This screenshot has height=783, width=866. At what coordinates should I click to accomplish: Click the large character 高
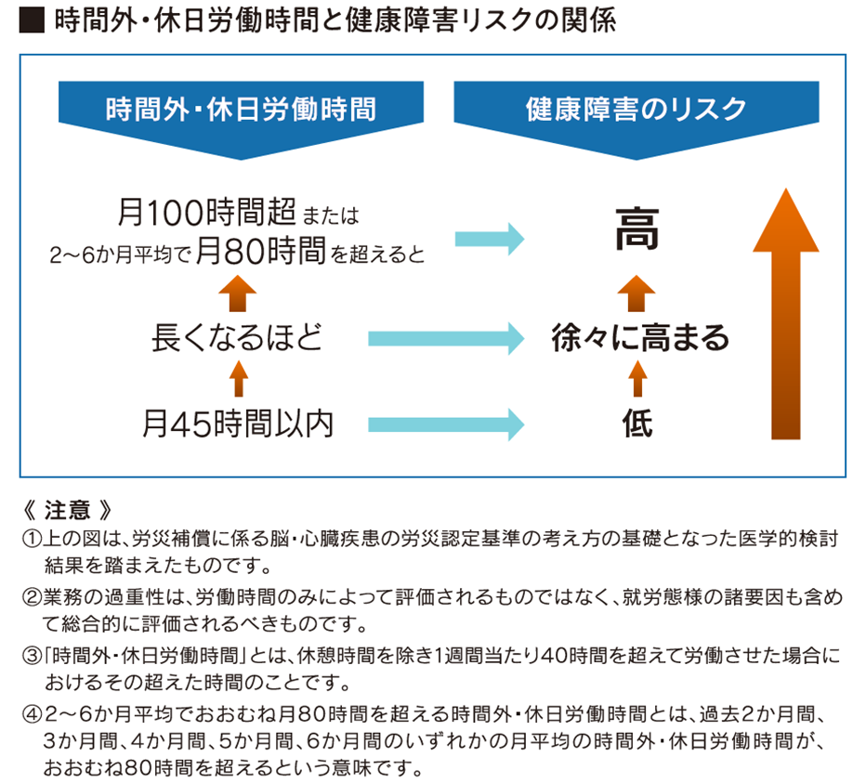(636, 230)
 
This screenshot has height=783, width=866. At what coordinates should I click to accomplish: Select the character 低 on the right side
(636, 424)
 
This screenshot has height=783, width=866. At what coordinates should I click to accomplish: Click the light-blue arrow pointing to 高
(490, 237)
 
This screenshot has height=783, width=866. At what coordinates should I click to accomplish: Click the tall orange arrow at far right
(786, 316)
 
